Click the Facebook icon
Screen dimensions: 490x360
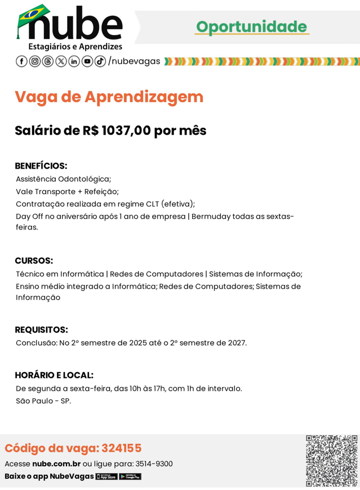[21, 61]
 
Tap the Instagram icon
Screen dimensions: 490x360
[34, 61]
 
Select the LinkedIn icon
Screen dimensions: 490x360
[74, 61]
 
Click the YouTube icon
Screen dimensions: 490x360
[87, 61]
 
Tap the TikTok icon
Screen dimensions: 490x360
[100, 61]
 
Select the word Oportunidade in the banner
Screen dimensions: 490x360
[251, 27]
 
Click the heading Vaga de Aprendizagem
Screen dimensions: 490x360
[109, 97]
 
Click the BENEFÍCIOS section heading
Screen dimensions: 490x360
[41, 166]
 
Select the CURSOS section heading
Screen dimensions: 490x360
[34, 261]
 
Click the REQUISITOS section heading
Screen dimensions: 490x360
[41, 329]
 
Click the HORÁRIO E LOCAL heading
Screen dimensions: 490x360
[54, 375]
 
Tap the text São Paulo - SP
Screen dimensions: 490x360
[43, 401]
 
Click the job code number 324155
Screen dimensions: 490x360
[121, 448]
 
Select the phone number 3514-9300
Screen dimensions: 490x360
[154, 464]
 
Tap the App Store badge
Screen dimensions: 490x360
[106, 476]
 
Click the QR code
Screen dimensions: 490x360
[331, 461]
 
